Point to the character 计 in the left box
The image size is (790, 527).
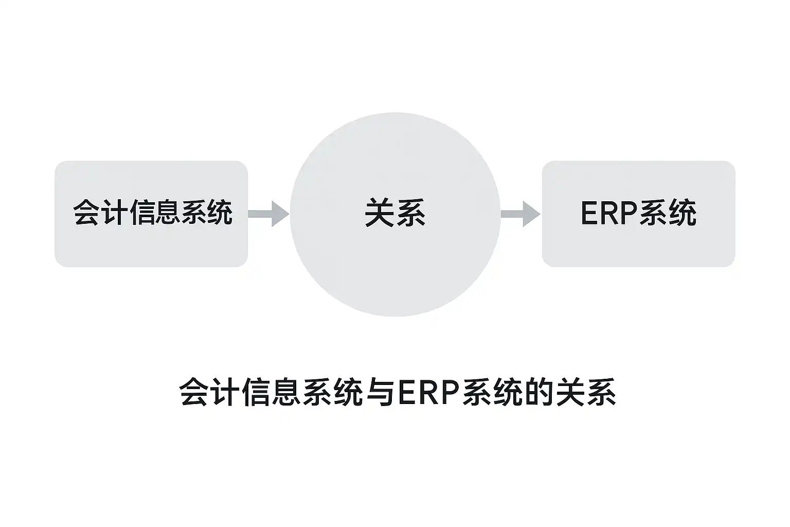pos(114,213)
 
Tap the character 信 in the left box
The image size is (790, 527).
pos(140,213)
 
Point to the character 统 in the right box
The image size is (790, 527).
pos(682,213)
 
